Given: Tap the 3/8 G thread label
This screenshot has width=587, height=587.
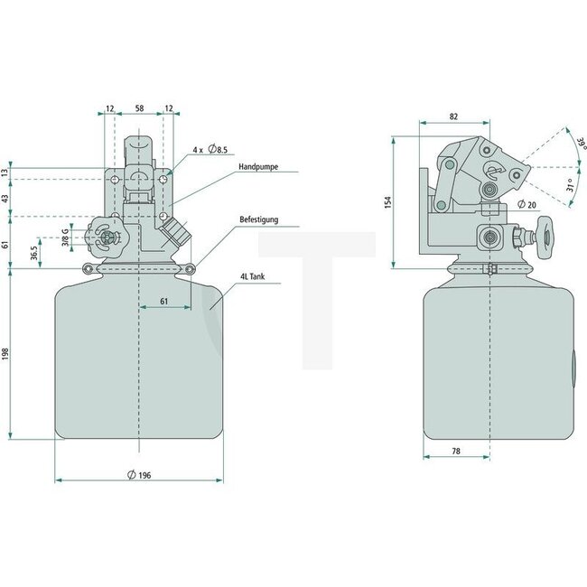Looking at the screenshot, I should (65, 238).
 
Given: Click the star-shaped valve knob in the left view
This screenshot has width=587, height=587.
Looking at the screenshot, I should (107, 238).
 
